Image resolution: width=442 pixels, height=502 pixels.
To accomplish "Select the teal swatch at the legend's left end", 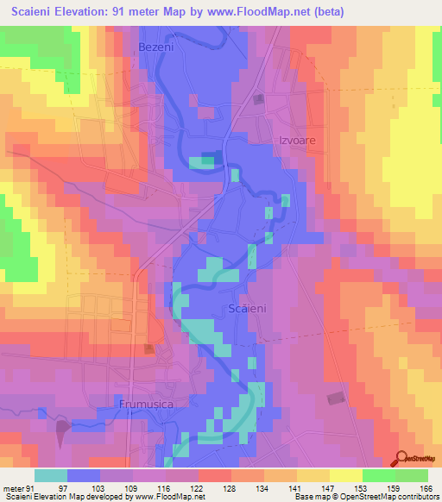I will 51,475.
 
